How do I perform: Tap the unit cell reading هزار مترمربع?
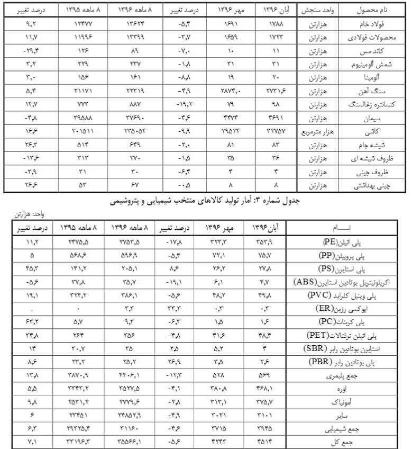(x=316, y=130)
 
